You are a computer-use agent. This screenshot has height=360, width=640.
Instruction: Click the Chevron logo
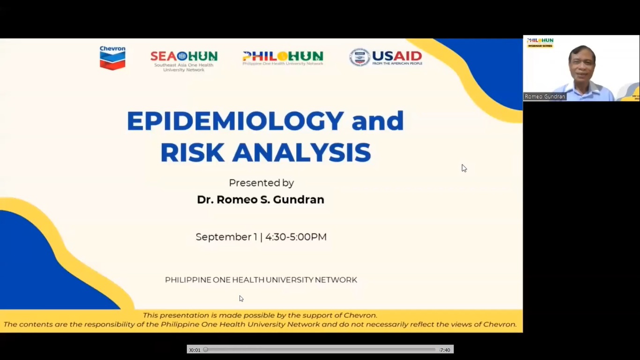pyautogui.click(x=112, y=58)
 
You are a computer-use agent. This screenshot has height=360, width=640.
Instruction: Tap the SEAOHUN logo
pyautogui.click(x=184, y=60)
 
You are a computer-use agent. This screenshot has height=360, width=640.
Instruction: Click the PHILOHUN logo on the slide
pyautogui.click(x=283, y=58)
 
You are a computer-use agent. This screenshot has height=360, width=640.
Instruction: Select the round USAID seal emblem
pyautogui.click(x=359, y=57)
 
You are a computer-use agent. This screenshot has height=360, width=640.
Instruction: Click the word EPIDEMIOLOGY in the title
pyautogui.click(x=236, y=121)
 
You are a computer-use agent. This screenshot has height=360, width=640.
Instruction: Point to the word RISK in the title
pyautogui.click(x=193, y=152)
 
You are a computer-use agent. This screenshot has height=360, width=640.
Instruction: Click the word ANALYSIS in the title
pyautogui.click(x=302, y=152)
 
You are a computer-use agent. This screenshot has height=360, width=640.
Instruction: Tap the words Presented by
pyautogui.click(x=261, y=183)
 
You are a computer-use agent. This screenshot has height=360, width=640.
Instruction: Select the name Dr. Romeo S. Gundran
pyautogui.click(x=260, y=200)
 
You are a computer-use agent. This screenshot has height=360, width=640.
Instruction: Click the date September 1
pyautogui.click(x=226, y=237)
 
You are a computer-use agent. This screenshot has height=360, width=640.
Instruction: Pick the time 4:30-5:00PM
pyautogui.click(x=296, y=237)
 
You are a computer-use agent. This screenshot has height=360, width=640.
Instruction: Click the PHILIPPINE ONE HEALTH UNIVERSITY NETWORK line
pyautogui.click(x=261, y=280)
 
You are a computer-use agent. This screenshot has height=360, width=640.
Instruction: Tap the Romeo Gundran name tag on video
pyautogui.click(x=545, y=97)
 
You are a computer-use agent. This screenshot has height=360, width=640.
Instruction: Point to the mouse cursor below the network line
pyautogui.click(x=241, y=298)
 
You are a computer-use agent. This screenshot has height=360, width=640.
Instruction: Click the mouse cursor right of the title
pyautogui.click(x=464, y=168)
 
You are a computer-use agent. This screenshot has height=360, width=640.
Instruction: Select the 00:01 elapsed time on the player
pyautogui.click(x=195, y=350)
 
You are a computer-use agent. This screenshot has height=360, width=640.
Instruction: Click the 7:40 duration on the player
pyautogui.click(x=445, y=350)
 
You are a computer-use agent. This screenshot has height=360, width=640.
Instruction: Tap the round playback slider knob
pyautogui.click(x=205, y=350)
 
